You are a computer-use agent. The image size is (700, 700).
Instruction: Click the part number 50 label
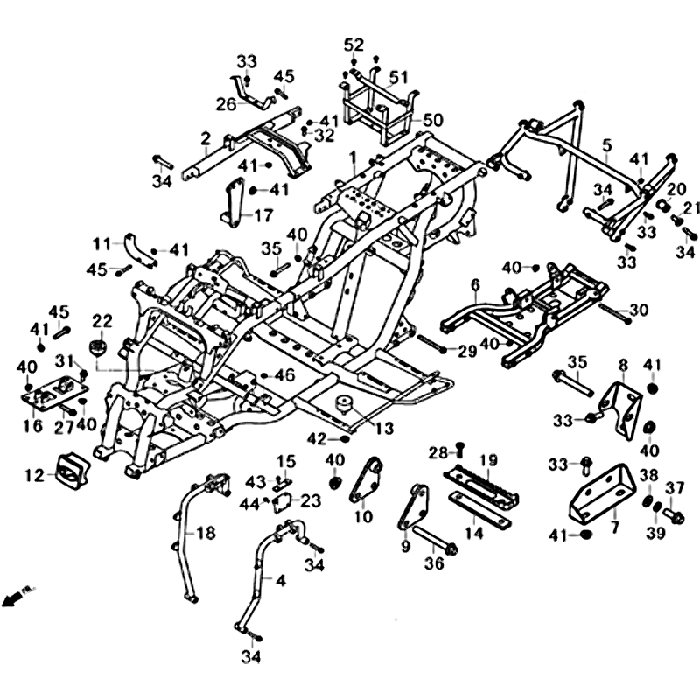click(x=434, y=120)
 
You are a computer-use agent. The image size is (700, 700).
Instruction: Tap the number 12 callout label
click(x=34, y=476)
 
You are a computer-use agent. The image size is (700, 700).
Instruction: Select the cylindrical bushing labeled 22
click(x=98, y=348)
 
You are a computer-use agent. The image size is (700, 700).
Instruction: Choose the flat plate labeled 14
click(x=479, y=508)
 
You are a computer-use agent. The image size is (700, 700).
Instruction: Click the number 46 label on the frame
click(x=285, y=375)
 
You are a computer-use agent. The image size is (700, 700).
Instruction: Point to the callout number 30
click(x=639, y=311)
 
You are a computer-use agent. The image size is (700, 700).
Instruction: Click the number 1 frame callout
click(x=352, y=158)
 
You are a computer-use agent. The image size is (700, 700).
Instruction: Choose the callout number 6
click(x=476, y=285)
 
